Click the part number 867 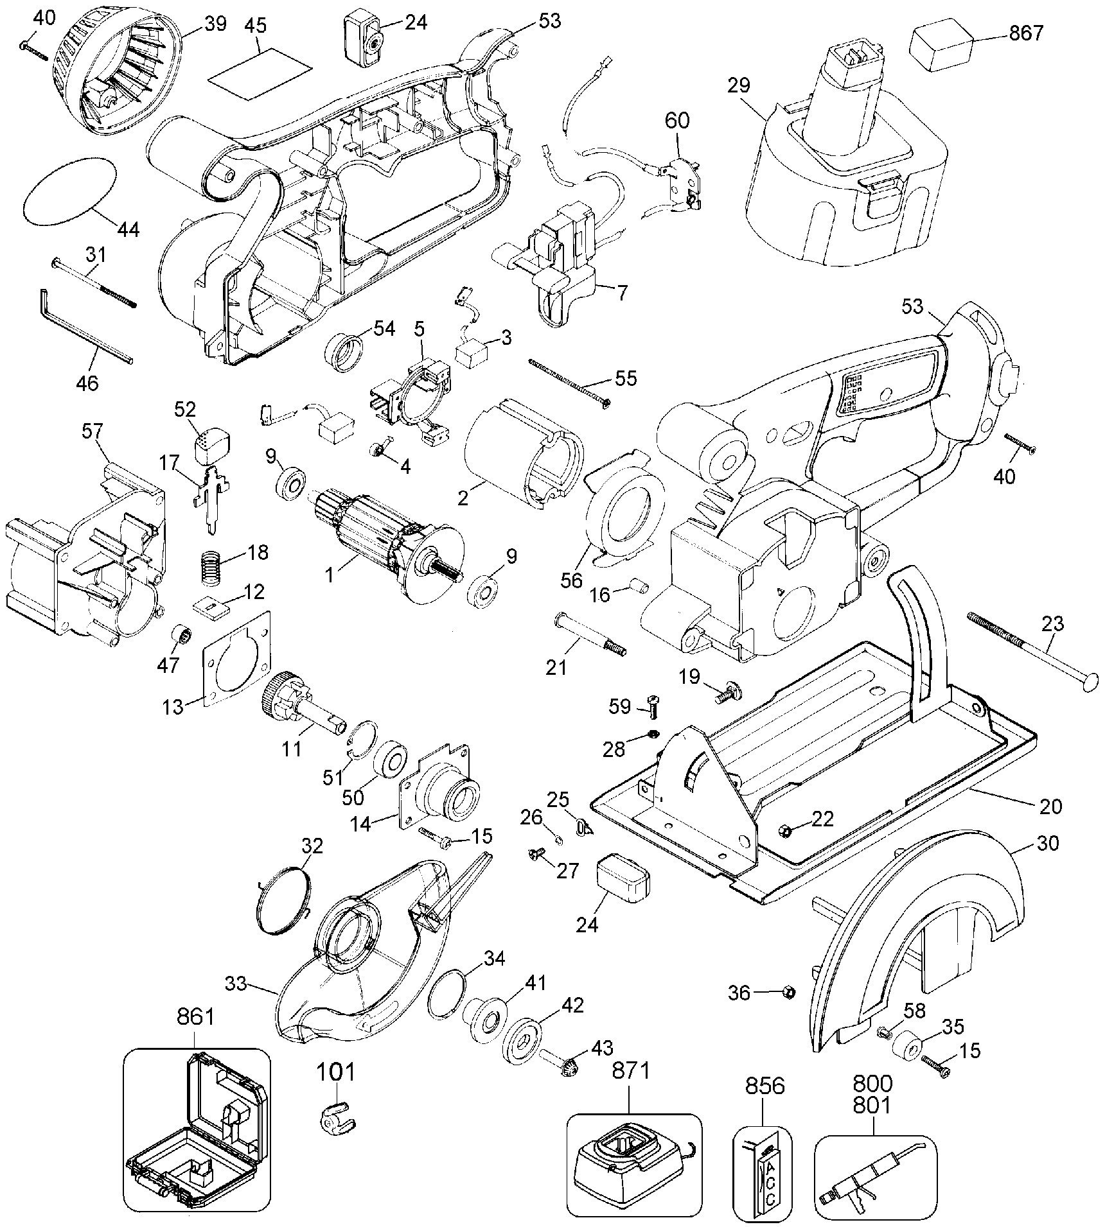(1026, 33)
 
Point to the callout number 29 (739, 85)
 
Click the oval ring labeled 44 (69, 202)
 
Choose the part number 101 (335, 1071)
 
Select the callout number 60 (677, 120)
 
